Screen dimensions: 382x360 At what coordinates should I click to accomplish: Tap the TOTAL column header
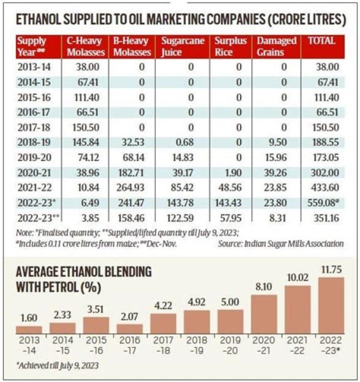click(322, 40)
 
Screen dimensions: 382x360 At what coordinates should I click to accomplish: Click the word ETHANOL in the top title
click(40, 19)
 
